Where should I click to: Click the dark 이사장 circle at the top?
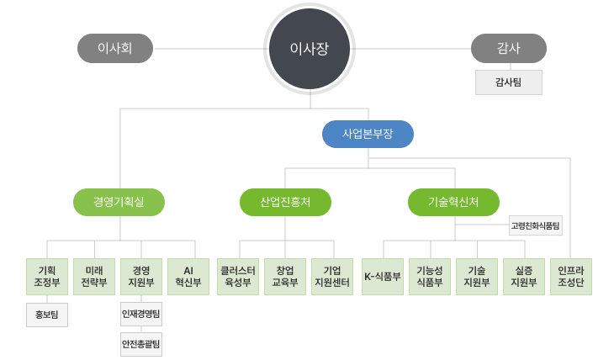click(x=309, y=49)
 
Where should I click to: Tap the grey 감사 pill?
click(x=508, y=49)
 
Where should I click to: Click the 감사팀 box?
click(x=508, y=82)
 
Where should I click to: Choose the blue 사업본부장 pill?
click(x=368, y=134)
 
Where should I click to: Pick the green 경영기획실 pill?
click(x=119, y=202)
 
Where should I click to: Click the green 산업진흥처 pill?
click(x=285, y=202)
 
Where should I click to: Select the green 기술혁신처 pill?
click(x=453, y=202)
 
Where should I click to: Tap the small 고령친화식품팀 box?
click(x=535, y=225)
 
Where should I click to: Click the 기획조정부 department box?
click(x=47, y=276)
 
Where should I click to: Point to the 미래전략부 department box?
click(x=94, y=276)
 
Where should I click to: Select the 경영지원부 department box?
click(x=141, y=276)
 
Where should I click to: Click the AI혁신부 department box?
click(x=188, y=276)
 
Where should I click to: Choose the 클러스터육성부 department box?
click(x=237, y=276)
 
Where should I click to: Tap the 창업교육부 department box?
click(x=285, y=276)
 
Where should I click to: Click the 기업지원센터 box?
click(x=332, y=276)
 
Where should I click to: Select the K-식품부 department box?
click(x=383, y=276)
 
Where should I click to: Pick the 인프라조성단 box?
click(x=571, y=276)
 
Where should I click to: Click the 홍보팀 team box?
click(x=47, y=315)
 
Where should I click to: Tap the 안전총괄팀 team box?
click(x=141, y=343)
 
